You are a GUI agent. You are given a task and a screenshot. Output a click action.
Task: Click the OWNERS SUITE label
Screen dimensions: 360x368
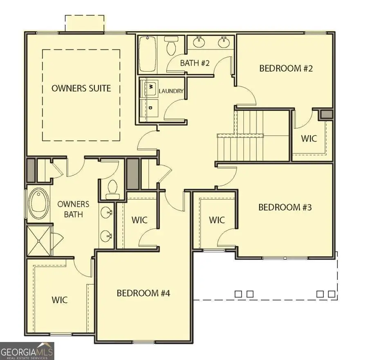click(81, 88)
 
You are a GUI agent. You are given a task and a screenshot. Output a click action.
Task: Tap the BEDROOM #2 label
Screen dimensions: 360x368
click(286, 68)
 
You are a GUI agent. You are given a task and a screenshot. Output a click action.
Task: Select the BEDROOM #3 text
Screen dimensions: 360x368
click(285, 207)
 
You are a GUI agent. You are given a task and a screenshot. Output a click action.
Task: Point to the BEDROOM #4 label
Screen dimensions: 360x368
click(143, 293)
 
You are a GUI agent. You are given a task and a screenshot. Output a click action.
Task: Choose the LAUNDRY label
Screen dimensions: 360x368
click(171, 91)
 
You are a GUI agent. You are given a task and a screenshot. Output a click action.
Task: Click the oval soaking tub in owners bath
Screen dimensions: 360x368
click(37, 204)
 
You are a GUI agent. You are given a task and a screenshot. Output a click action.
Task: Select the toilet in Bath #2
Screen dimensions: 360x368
click(170, 46)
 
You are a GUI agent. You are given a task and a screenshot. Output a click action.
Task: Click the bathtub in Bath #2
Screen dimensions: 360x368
click(147, 54)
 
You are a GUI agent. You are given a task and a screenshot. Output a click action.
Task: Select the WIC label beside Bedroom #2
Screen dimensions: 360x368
click(309, 138)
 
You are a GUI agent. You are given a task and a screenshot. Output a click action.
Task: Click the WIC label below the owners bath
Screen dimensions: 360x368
click(59, 299)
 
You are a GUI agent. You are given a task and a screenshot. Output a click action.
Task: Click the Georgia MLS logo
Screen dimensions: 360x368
click(27, 351)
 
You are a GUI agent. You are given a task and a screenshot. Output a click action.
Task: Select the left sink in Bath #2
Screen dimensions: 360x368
click(200, 41)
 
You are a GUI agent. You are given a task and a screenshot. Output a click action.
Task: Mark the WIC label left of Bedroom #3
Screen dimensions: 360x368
click(217, 220)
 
